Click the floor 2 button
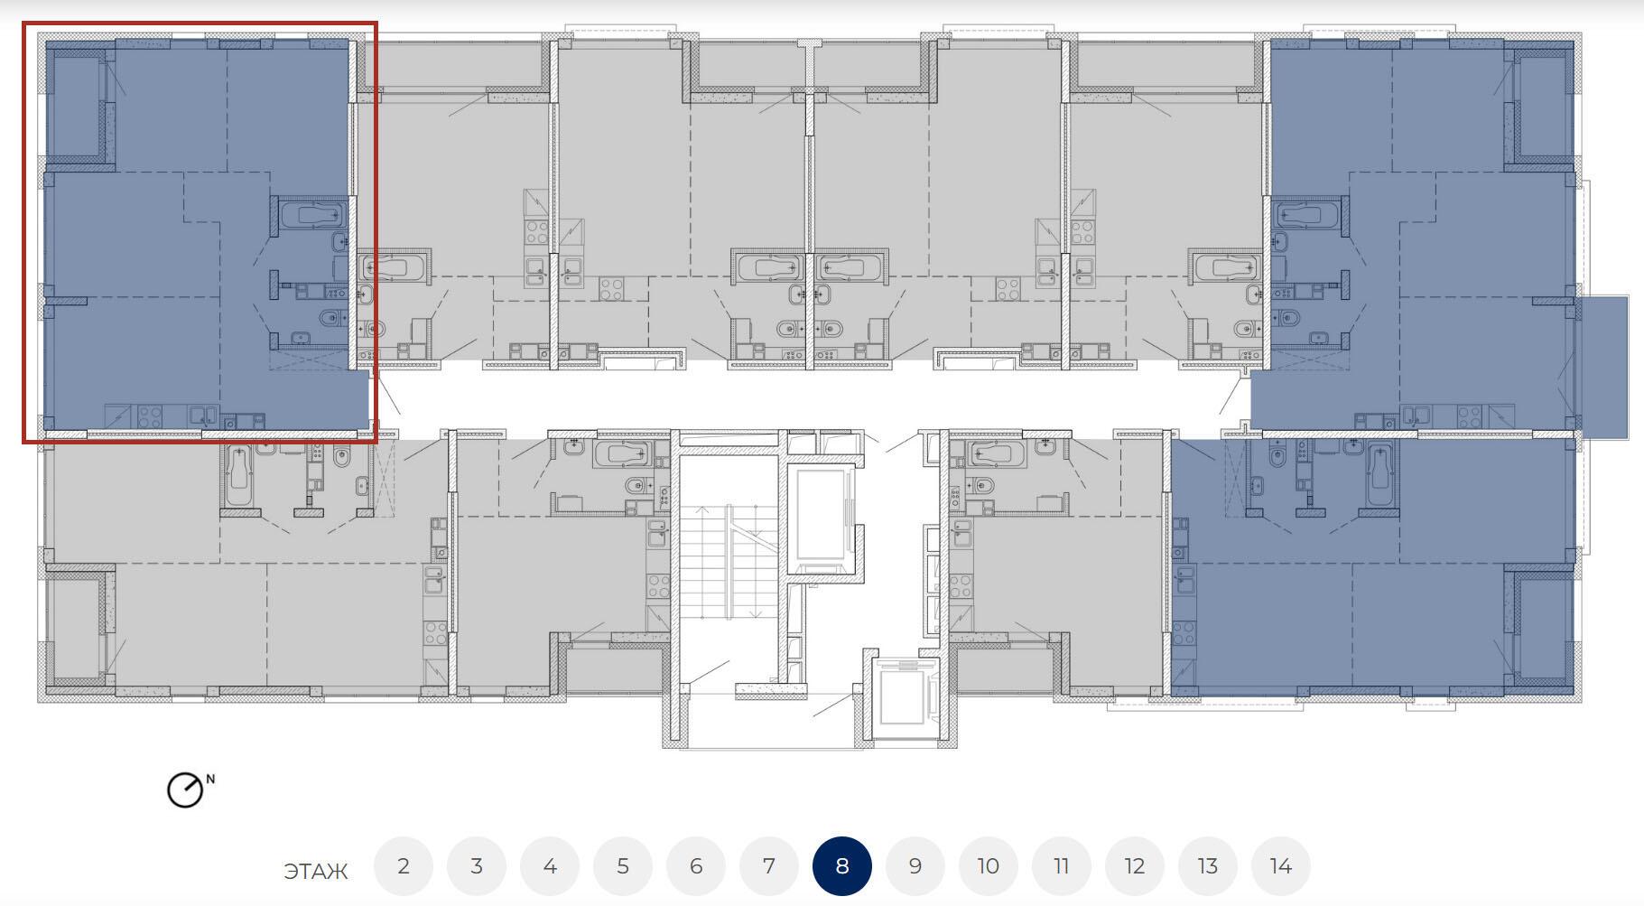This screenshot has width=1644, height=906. [x=404, y=866]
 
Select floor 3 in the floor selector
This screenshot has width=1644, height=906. [x=477, y=866]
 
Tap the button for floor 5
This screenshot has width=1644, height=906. [x=623, y=866]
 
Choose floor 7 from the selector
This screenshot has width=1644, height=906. [x=769, y=866]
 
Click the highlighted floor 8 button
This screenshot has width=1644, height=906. [x=842, y=866]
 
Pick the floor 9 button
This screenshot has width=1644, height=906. [x=915, y=866]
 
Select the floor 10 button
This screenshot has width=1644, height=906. [x=989, y=866]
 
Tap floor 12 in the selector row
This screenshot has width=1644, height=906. [x=1135, y=866]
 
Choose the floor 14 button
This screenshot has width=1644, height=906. [x=1281, y=866]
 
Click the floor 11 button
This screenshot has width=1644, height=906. [x=1062, y=866]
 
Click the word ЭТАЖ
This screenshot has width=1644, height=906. [x=316, y=872]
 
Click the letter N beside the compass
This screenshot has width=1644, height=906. [x=211, y=779]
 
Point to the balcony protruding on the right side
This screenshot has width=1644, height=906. [x=1603, y=367]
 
